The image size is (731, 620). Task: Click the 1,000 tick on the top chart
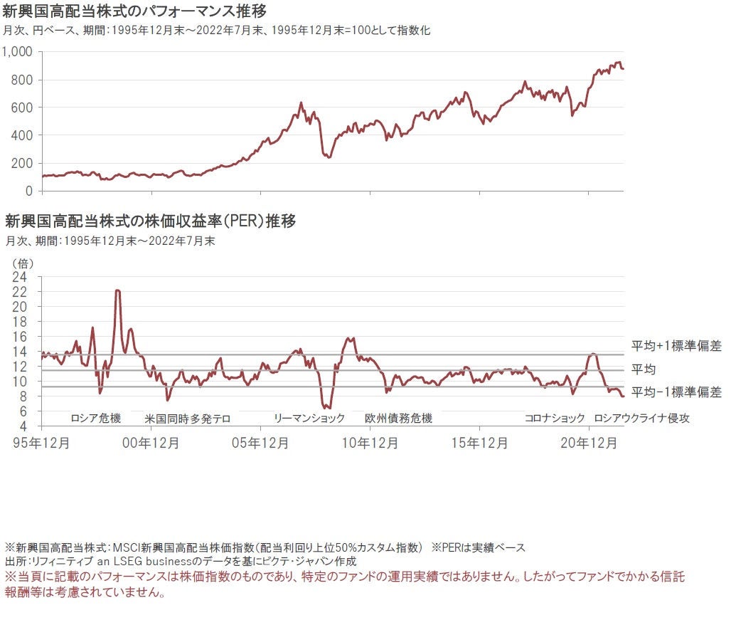pyautogui.click(x=19, y=52)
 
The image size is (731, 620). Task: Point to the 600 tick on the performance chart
pyautogui.click(x=24, y=107)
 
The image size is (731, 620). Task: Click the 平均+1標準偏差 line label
pyautogui.click(x=676, y=347)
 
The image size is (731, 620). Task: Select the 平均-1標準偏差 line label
pyautogui.click(x=676, y=392)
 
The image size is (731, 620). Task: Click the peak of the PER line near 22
pyautogui.click(x=117, y=290)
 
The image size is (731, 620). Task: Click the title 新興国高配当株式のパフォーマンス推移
pyautogui.click(x=135, y=12)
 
